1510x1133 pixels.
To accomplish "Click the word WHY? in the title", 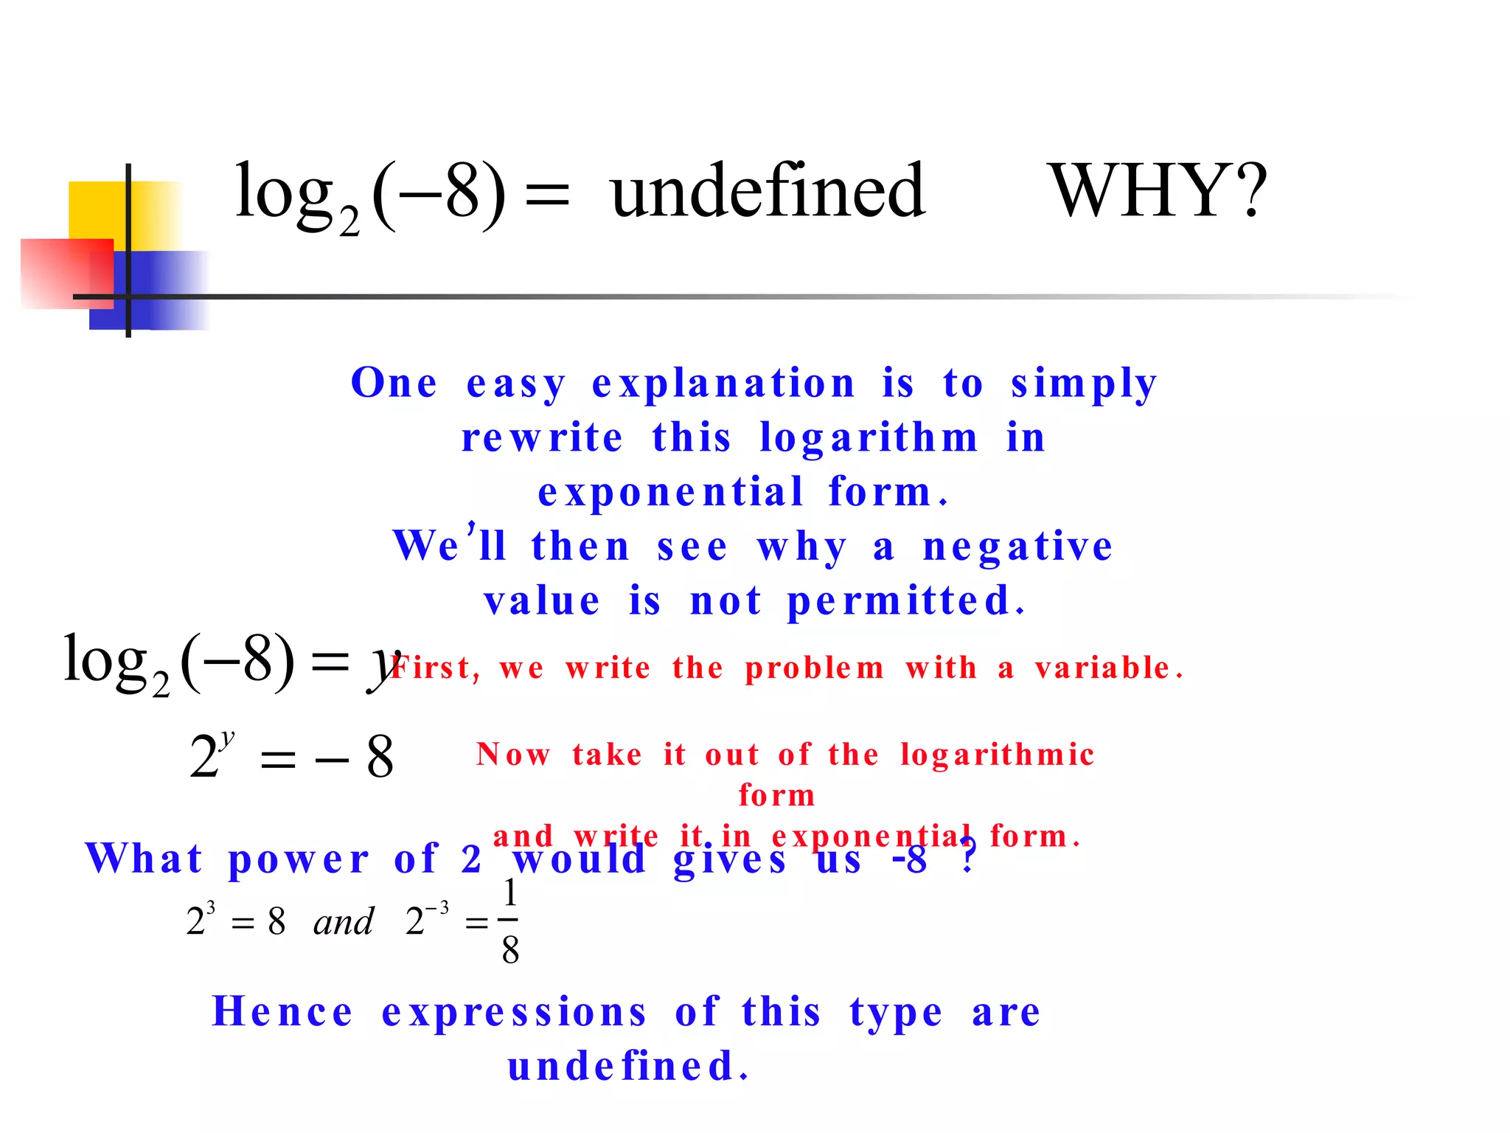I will tap(1158, 192).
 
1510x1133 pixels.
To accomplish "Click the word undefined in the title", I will tap(768, 192).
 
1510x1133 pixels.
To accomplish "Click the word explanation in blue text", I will tap(723, 384).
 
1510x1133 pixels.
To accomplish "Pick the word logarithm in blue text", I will tap(869, 437).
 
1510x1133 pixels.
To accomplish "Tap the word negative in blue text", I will tap(1017, 547).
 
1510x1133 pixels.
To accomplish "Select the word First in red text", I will tap(435, 668).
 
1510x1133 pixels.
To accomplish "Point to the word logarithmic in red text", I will tap(997, 755).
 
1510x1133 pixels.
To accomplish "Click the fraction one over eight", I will tap(509, 922).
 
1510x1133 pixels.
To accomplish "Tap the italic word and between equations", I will tap(344, 922).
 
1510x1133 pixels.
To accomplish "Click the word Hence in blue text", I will tap(282, 1011).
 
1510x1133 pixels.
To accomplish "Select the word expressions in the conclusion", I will tap(515, 1011).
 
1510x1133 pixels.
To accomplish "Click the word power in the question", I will tap(299, 860).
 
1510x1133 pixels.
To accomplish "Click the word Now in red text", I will tap(513, 755).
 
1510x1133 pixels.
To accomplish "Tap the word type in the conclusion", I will tap(896, 1013).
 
